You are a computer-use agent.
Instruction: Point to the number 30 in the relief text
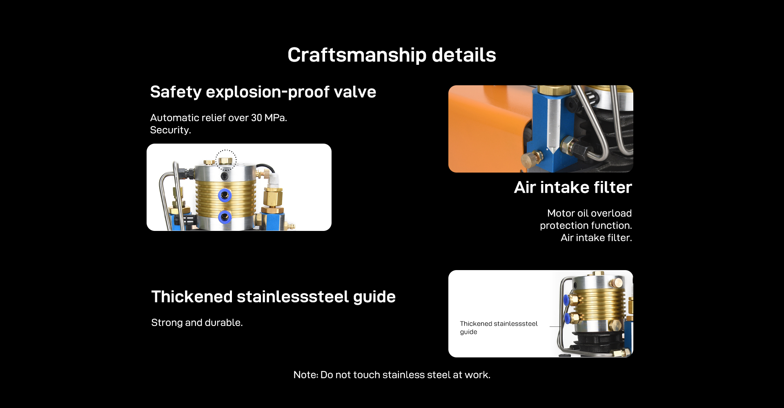point(256,118)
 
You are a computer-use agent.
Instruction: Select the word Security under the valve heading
point(169,130)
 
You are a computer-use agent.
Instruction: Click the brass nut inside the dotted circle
point(225,161)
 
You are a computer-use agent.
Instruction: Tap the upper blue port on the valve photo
point(225,195)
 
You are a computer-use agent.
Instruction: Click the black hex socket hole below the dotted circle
point(224,176)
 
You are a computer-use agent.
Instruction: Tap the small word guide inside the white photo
point(468,332)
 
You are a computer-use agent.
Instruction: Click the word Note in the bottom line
point(306,375)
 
